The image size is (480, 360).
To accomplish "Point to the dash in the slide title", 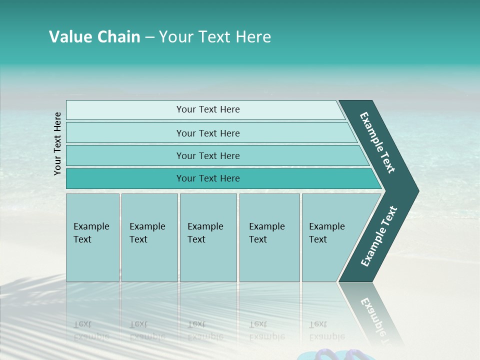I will (x=149, y=37).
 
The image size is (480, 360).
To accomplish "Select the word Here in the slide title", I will (x=253, y=37).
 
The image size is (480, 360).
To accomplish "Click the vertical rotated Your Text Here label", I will (x=57, y=143).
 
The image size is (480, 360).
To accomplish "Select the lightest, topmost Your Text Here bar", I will (x=207, y=109).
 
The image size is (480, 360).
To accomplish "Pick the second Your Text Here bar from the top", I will (x=207, y=133).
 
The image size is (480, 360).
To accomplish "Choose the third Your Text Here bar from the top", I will (x=207, y=155).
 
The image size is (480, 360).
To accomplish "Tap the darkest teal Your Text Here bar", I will (x=207, y=178).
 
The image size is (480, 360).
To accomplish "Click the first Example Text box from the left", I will (x=92, y=237).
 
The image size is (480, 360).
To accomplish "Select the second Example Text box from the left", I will (x=149, y=237).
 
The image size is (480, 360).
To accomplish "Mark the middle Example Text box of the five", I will (x=208, y=237).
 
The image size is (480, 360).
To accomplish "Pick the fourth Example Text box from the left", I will (x=269, y=237).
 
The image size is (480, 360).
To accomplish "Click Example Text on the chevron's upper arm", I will (x=377, y=142).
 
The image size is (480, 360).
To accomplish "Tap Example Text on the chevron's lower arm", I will (x=378, y=236).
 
